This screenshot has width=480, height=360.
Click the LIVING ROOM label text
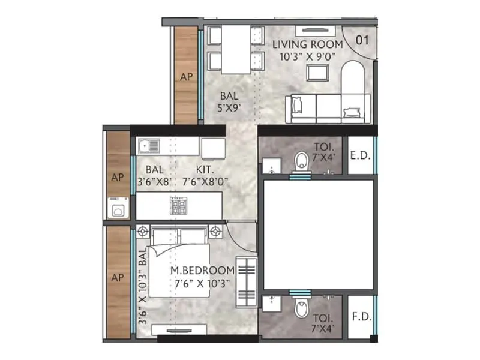[x=307, y=44]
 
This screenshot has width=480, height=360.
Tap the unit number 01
[x=362, y=41]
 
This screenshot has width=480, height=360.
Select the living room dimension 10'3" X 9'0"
[x=307, y=56]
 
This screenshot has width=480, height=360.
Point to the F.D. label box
[x=360, y=314]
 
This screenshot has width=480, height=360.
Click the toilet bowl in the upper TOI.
[x=302, y=160]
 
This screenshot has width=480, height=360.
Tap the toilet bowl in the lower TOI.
[x=302, y=310]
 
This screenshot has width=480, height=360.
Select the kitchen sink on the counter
[x=149, y=145]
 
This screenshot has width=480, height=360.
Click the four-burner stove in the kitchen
[x=179, y=207]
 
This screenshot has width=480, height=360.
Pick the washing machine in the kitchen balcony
[x=118, y=209]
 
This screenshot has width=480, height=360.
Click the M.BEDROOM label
[x=202, y=271]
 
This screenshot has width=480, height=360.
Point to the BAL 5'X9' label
[x=229, y=102]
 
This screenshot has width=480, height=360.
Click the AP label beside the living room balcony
[x=186, y=76]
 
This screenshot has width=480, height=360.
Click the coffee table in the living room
[x=317, y=73]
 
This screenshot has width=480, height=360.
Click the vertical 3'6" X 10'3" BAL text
[x=142, y=287]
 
